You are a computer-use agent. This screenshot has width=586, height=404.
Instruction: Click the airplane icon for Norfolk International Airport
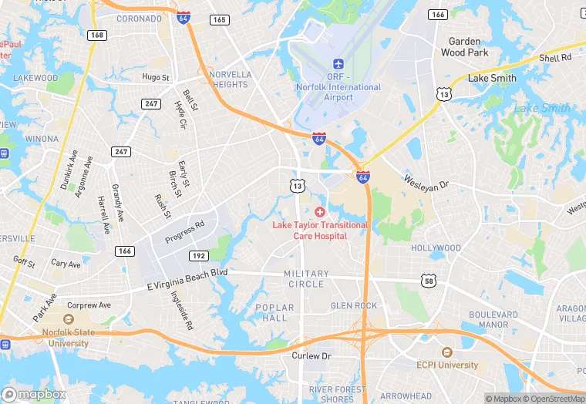(338, 63)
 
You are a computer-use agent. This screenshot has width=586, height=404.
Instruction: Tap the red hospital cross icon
(320, 211)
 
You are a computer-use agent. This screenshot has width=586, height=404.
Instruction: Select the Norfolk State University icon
(67, 319)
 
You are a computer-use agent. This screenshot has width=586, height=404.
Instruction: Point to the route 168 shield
(96, 35)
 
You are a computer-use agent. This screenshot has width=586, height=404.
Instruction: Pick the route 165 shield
(220, 19)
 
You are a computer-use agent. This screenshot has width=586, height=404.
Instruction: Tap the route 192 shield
(198, 256)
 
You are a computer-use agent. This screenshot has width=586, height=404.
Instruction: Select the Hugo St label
(155, 77)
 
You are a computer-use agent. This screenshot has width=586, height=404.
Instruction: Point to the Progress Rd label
(184, 231)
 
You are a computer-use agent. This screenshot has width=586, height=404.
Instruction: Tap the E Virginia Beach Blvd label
(187, 280)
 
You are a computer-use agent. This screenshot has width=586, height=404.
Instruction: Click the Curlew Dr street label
(311, 356)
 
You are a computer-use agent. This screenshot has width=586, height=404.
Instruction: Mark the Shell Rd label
(555, 58)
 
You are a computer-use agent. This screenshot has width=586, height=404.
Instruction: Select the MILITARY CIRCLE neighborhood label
(306, 279)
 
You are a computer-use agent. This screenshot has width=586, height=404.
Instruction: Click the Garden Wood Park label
(464, 47)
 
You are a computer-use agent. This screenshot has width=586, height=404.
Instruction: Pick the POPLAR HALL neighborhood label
(274, 312)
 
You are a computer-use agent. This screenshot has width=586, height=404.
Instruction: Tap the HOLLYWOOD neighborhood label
(436, 248)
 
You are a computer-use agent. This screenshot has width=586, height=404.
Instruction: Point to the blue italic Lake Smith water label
(542, 108)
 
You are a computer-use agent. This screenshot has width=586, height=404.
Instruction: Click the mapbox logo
(34, 394)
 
